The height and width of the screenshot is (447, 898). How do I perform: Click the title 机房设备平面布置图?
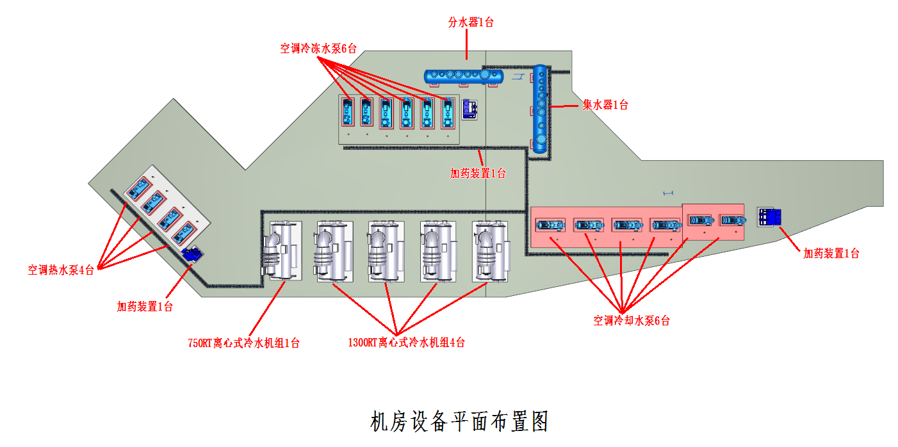pos(460,421)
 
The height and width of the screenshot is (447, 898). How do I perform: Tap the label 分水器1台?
pos(470,22)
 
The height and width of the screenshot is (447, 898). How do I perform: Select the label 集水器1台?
pos(605,105)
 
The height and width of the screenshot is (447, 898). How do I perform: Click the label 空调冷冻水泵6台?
pos(318,48)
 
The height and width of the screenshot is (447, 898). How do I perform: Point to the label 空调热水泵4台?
pos(61,270)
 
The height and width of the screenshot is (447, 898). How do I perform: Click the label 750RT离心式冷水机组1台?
pos(243,343)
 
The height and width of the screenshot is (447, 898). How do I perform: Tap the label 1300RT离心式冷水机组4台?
pos(406,343)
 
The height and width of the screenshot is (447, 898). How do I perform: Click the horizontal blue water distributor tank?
pos(464,76)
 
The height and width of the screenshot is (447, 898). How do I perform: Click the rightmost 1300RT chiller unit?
pos(490,252)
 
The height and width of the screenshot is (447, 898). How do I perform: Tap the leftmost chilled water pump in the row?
pos(347,113)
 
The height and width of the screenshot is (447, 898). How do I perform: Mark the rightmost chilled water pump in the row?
pos(448,113)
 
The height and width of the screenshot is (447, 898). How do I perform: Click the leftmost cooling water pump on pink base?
pos(550,225)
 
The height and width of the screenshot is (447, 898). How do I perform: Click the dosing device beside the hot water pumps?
pos(192,254)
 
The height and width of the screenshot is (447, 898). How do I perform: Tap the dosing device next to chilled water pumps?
pos(469,109)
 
